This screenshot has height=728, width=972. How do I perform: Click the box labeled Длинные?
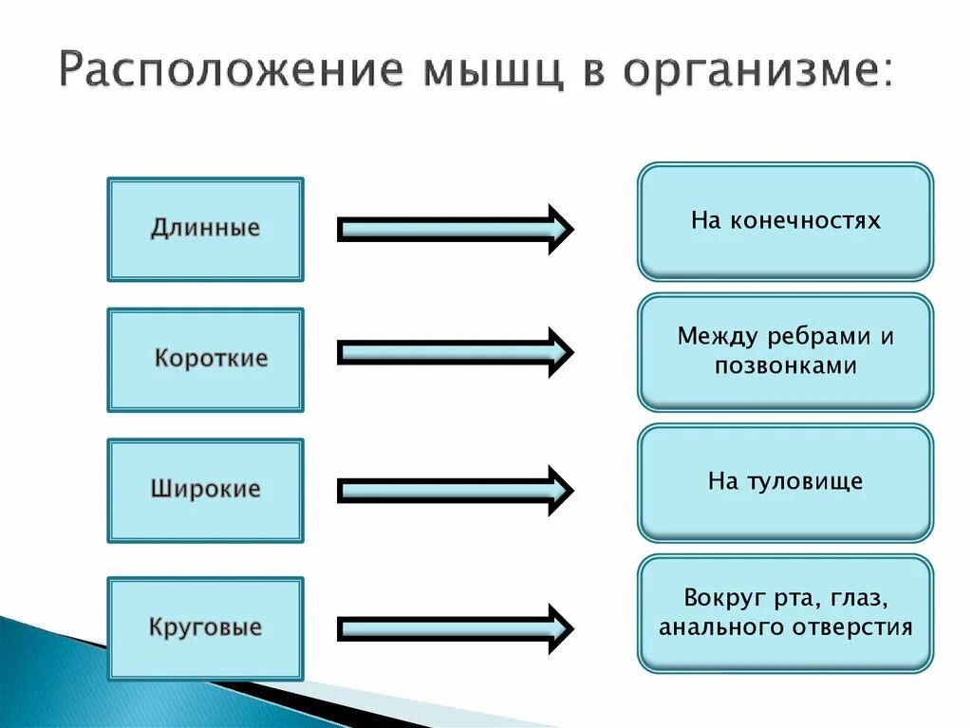(x=205, y=229)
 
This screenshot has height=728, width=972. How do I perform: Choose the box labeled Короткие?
(x=205, y=359)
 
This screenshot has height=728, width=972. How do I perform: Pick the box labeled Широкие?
(x=205, y=490)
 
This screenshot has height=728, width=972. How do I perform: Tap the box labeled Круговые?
(x=205, y=627)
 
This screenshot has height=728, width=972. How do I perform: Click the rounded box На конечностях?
(x=785, y=221)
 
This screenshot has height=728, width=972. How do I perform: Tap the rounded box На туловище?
(x=785, y=482)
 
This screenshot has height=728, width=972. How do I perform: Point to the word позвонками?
(x=786, y=365)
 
